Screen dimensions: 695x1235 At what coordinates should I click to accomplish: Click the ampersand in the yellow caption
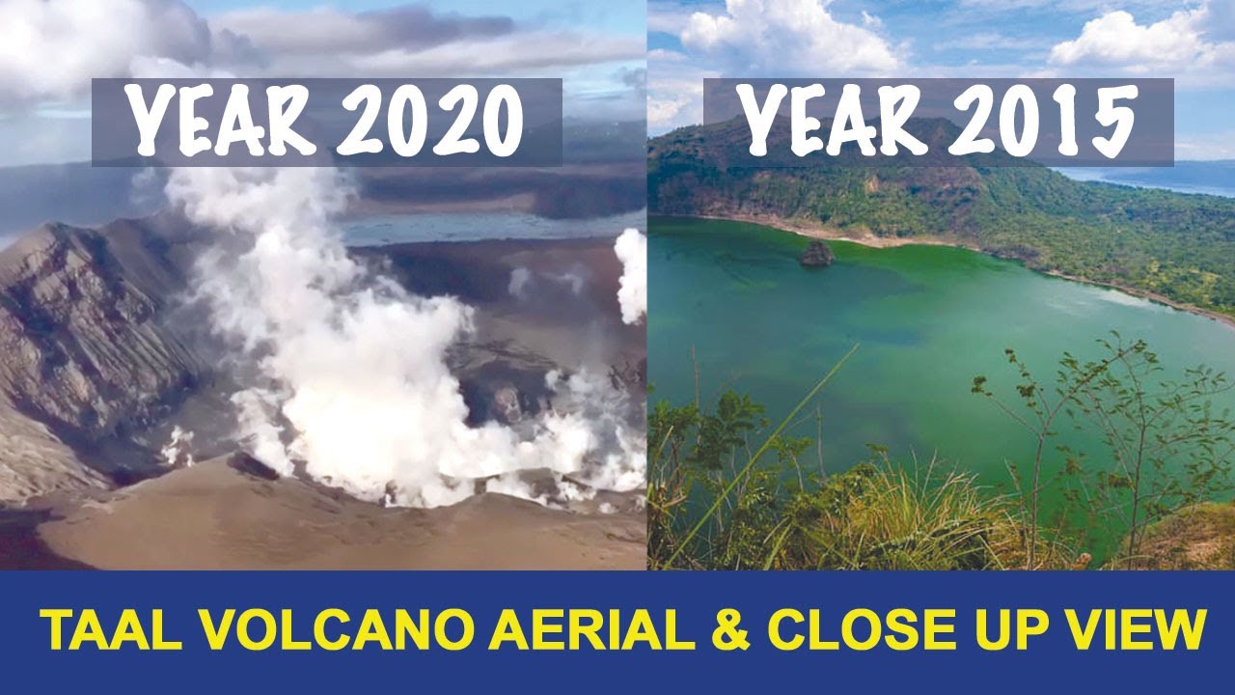(730, 632)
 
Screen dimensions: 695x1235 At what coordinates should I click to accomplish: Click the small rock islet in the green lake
(816, 254)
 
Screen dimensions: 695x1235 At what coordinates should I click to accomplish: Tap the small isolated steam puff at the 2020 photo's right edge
(631, 274)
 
